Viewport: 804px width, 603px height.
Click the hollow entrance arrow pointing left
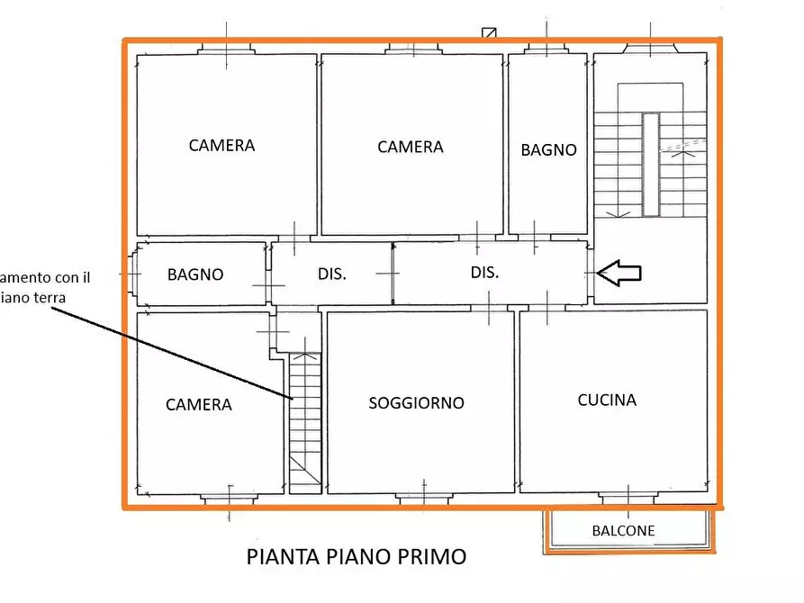point(620,273)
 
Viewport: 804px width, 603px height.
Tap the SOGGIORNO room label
point(416,403)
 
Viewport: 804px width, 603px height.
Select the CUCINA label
point(607,400)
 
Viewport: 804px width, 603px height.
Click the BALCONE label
point(624,531)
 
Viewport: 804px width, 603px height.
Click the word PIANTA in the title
point(281,557)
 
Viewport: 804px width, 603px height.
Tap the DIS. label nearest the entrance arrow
point(484,272)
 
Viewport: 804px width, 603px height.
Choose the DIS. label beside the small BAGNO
point(332,274)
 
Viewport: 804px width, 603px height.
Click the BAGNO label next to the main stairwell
point(548,150)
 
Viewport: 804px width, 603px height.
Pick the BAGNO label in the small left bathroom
point(195,274)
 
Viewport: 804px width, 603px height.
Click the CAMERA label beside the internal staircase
point(199,405)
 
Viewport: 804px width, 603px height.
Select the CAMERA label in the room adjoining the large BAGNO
point(411,147)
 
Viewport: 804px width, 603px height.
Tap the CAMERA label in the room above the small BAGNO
point(221,145)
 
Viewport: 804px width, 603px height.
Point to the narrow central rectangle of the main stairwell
point(650,165)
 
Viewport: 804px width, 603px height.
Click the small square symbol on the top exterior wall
point(490,33)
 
